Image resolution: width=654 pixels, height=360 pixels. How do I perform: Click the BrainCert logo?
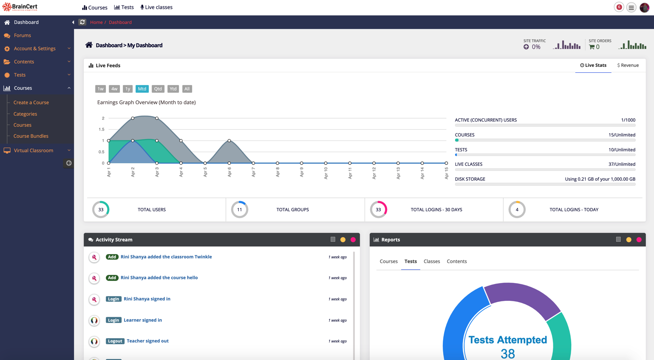point(20,7)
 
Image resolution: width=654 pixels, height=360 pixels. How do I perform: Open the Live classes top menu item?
point(156,7)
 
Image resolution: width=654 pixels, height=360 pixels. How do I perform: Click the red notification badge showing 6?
point(619,7)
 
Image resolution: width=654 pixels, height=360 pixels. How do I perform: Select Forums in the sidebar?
point(22,35)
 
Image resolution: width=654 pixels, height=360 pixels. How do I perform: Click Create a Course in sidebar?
point(31,102)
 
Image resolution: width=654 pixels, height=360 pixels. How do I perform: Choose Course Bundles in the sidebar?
point(31,136)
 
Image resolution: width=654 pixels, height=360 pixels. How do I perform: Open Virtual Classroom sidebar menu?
point(34,150)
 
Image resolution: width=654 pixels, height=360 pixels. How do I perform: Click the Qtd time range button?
point(158,89)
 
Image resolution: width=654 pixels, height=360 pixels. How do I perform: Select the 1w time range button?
point(100,89)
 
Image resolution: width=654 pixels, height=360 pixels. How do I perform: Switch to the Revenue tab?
point(628,65)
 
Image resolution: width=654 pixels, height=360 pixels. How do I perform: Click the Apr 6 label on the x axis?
point(229,172)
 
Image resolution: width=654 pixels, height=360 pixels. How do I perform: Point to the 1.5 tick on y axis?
point(101,129)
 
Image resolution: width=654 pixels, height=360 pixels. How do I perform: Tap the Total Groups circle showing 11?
point(240,210)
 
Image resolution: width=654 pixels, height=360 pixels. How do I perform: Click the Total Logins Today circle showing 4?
point(517,210)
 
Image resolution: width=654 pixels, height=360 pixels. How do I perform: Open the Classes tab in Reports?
point(431,261)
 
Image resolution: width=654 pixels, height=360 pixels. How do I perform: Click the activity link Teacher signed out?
point(147,341)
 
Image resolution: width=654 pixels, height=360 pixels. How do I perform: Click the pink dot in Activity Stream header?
point(353,240)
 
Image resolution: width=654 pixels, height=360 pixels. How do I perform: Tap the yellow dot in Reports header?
point(629,240)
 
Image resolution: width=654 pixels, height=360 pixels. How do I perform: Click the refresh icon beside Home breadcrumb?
point(82,22)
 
